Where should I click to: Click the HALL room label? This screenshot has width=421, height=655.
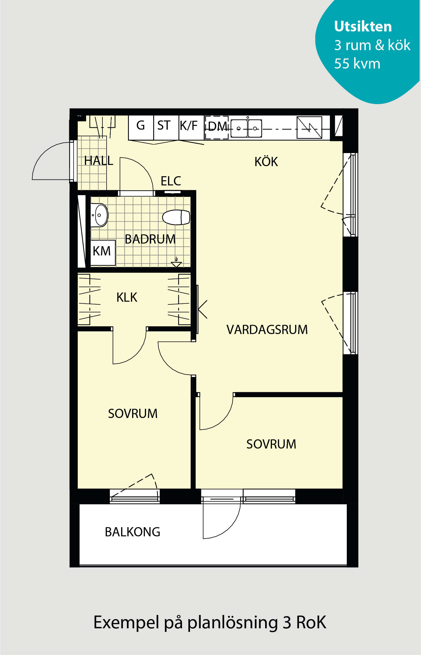click(x=99, y=160)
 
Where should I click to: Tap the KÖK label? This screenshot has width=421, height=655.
click(x=266, y=162)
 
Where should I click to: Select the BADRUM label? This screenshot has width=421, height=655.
click(x=150, y=239)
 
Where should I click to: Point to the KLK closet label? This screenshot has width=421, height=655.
click(x=127, y=297)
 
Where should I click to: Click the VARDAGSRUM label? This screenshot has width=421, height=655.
click(x=267, y=330)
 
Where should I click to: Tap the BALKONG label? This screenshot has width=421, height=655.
click(x=132, y=532)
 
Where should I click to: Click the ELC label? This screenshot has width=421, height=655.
click(x=171, y=181)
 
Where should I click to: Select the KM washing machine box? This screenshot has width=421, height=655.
click(x=103, y=252)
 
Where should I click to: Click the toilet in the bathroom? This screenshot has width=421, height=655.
click(x=176, y=217)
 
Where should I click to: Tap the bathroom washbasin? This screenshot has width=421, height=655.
click(x=99, y=215)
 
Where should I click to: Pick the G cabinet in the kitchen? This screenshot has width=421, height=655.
click(x=141, y=128)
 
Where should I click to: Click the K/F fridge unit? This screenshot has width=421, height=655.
click(x=191, y=128)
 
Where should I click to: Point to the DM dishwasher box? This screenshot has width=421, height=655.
click(x=217, y=128)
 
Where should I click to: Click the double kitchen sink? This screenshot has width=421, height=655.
click(x=246, y=128)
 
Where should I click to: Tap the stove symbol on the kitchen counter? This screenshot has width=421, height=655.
click(x=309, y=128)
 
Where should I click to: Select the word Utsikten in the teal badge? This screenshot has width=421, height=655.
click(x=363, y=26)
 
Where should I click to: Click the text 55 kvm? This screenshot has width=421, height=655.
click(x=357, y=63)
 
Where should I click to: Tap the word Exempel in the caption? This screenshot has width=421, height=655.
click(x=126, y=623)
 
